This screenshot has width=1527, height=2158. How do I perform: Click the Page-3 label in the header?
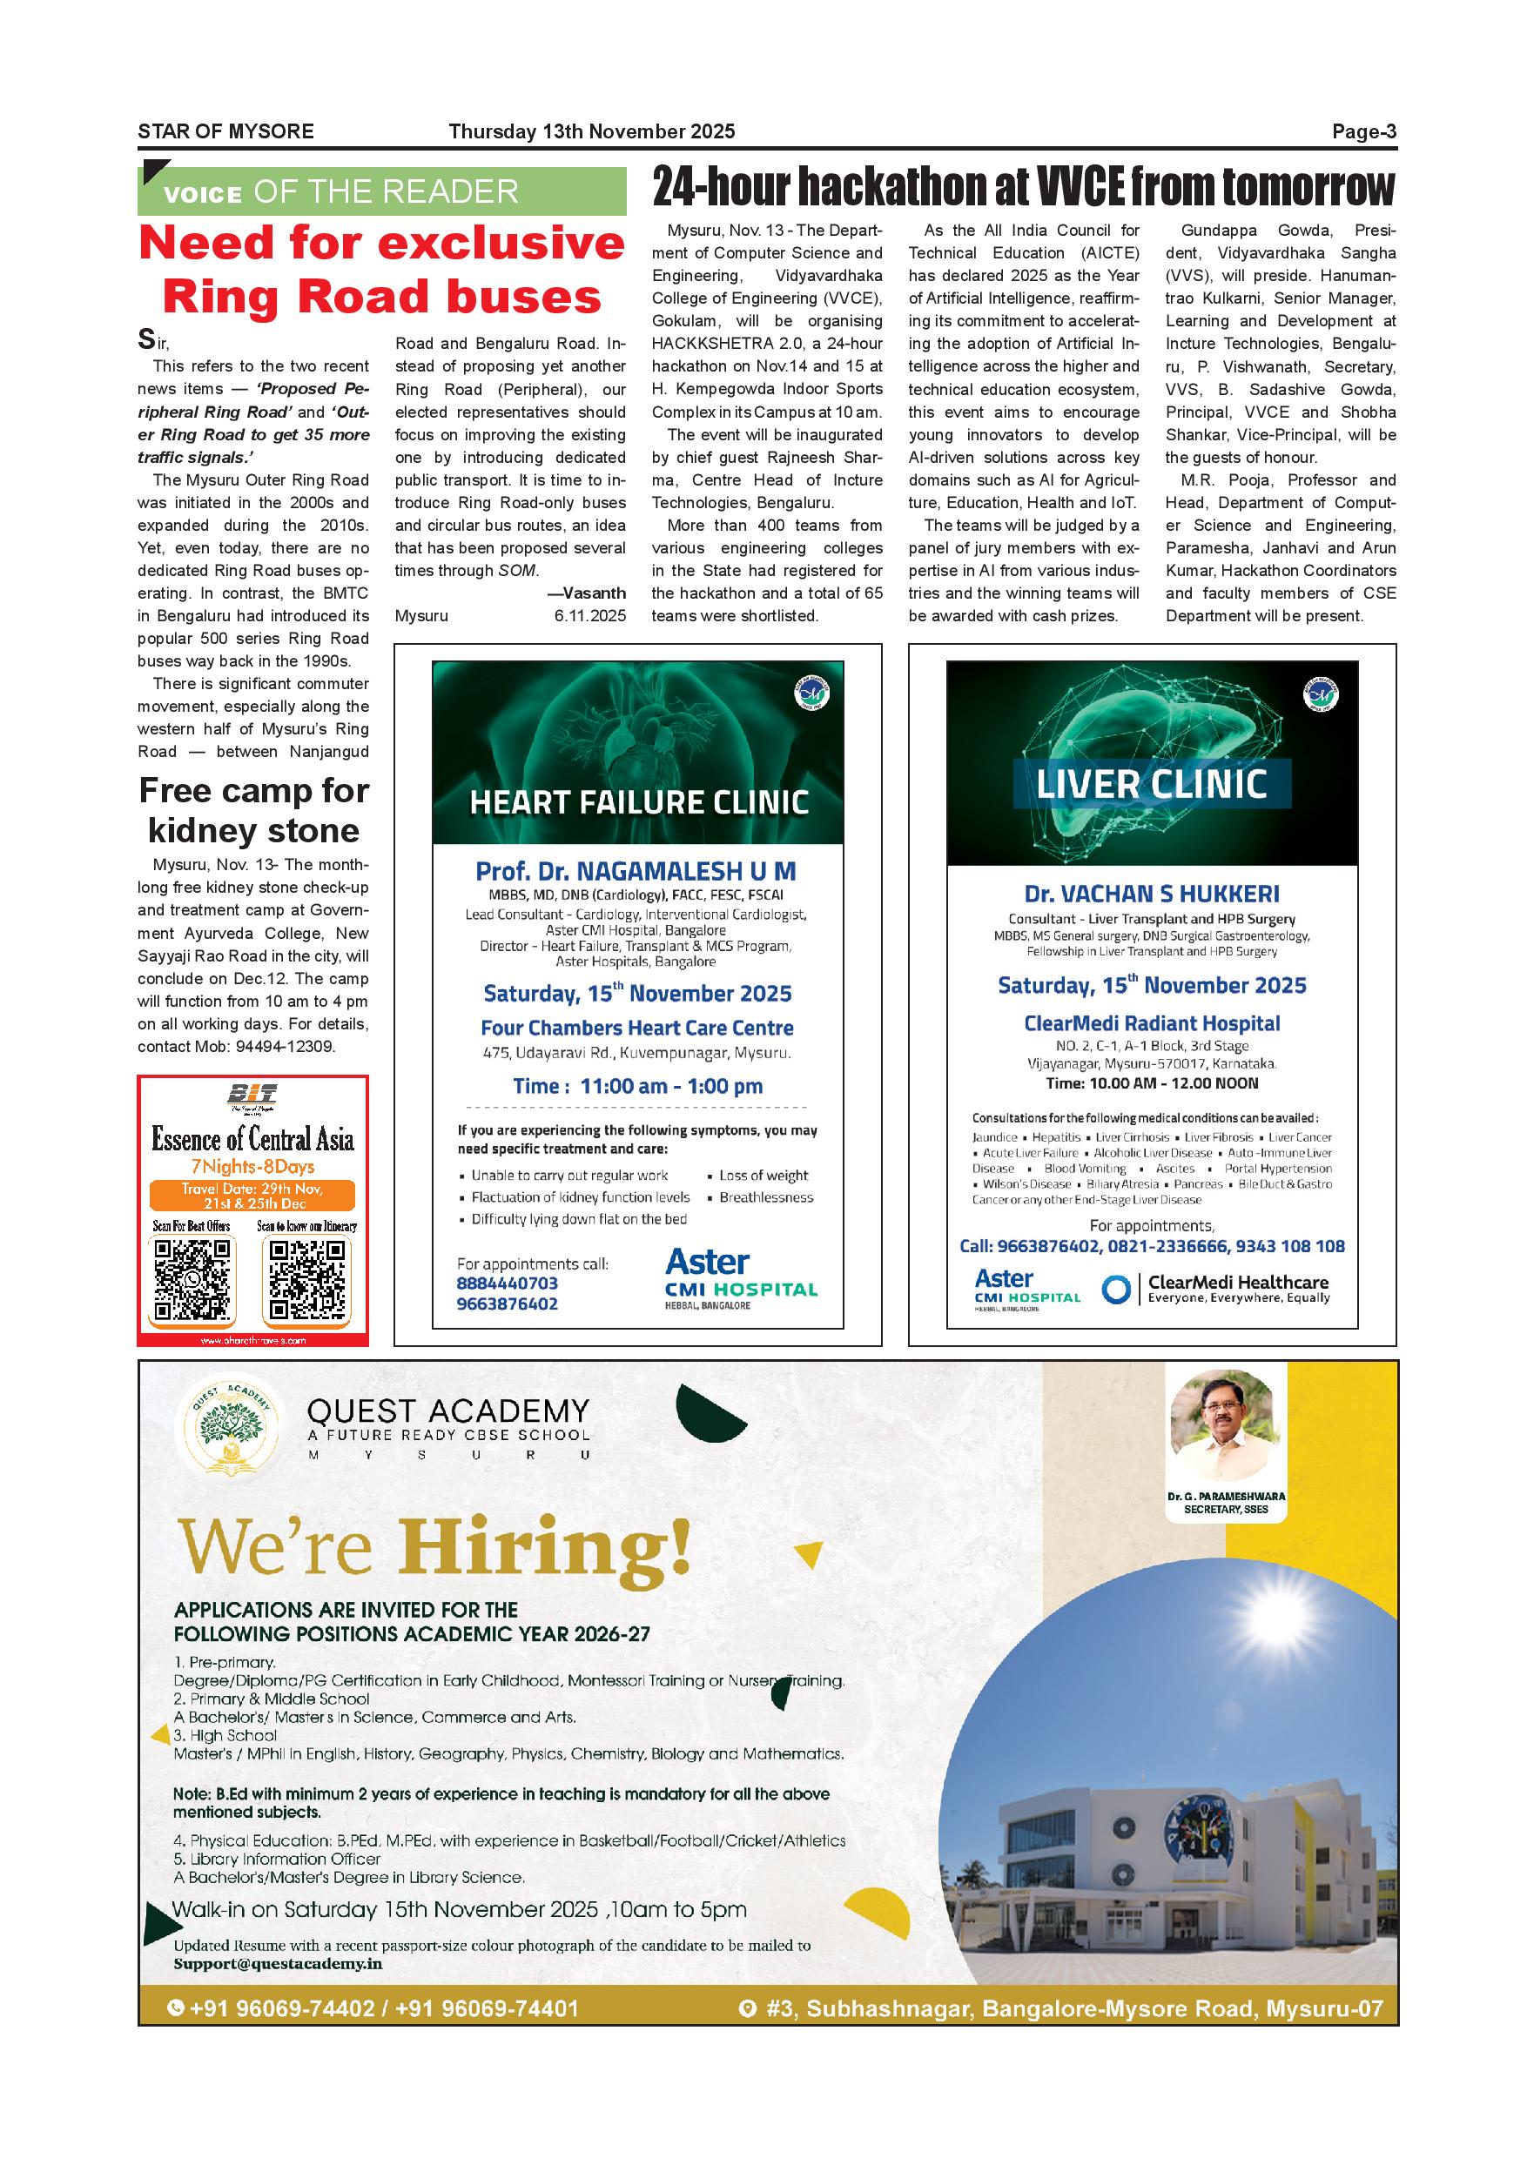1363,131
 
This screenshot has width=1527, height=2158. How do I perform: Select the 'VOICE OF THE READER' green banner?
381,191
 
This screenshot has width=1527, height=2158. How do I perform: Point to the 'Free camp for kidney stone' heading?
254,810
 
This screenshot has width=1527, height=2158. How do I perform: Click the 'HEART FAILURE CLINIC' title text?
638,802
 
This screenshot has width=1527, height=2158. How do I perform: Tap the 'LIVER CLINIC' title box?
1152,784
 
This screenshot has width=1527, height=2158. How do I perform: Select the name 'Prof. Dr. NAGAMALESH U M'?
636,870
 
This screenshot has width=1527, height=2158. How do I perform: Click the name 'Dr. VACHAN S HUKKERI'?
1152,894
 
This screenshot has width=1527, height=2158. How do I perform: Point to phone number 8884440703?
507,1283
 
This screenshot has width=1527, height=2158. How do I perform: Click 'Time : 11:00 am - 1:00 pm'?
637,1086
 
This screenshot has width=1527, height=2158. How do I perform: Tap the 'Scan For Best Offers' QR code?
192,1279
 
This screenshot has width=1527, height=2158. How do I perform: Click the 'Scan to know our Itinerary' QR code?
307,1279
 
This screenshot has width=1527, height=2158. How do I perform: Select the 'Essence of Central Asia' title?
253,1140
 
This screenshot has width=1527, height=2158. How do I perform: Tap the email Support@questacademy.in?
278,1963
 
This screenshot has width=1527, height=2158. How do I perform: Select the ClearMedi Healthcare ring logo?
1115,1290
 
